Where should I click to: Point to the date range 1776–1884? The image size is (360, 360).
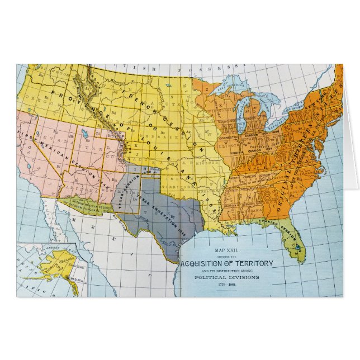click(226, 285)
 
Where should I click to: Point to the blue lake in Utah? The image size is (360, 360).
click(83, 134)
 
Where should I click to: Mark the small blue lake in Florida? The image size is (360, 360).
click(299, 247)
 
